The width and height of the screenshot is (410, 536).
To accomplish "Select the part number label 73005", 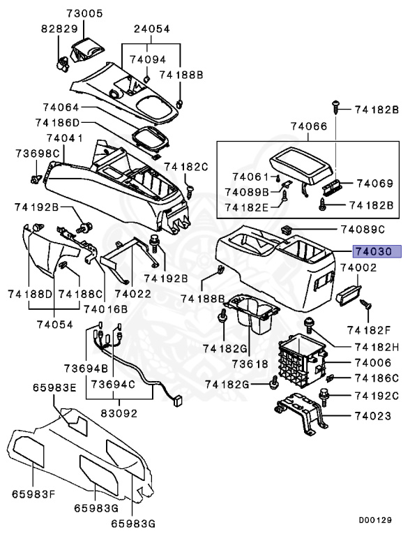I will [85, 13].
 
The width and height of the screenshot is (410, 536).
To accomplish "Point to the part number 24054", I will [152, 30].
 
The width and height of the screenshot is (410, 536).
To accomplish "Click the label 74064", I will [61, 108].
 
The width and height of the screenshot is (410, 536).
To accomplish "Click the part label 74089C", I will [363, 229].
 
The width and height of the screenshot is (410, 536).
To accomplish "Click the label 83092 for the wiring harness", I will [119, 413].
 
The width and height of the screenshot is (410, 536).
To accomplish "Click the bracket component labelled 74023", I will [301, 417].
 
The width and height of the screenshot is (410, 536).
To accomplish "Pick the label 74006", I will [373, 363].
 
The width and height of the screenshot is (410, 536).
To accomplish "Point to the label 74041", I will [65, 139].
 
